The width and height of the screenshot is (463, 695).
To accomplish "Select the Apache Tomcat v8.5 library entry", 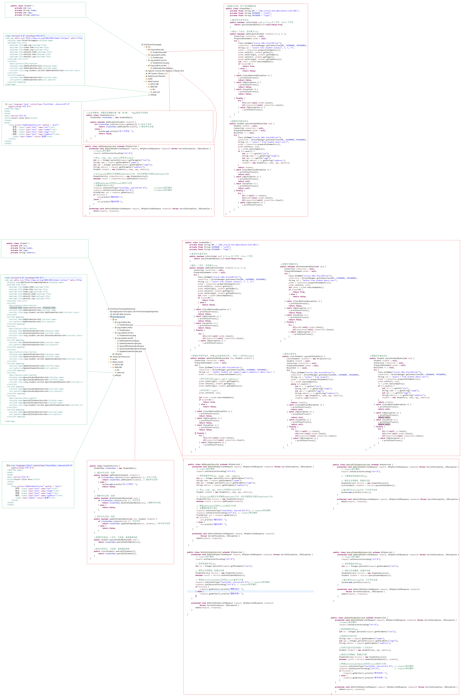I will pyautogui.click(x=165, y=71).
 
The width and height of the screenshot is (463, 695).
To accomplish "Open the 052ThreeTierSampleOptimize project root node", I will pyautogui.click(x=123, y=309).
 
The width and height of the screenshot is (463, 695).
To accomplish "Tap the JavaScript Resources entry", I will pyautogui.click(x=121, y=357).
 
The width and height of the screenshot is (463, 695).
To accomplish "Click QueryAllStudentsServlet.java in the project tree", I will pyautogui.click(x=131, y=346).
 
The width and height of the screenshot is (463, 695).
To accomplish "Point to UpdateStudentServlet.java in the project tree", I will pyautogui.click(x=131, y=351).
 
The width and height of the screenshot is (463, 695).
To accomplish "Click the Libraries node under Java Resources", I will pyautogui.click(x=118, y=354).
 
